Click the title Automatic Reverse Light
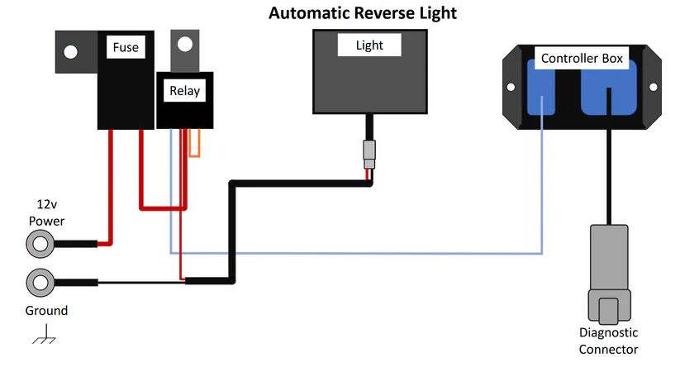(363, 13)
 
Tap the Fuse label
(126, 48)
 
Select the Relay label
(184, 90)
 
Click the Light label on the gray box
(369, 45)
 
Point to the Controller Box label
(582, 58)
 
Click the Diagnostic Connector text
(608, 341)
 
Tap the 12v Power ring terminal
(40, 243)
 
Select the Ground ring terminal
(40, 283)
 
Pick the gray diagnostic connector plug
(609, 273)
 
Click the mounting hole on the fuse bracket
(71, 52)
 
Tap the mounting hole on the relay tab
(185, 43)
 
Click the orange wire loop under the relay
(195, 144)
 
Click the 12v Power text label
(46, 212)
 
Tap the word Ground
(46, 311)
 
